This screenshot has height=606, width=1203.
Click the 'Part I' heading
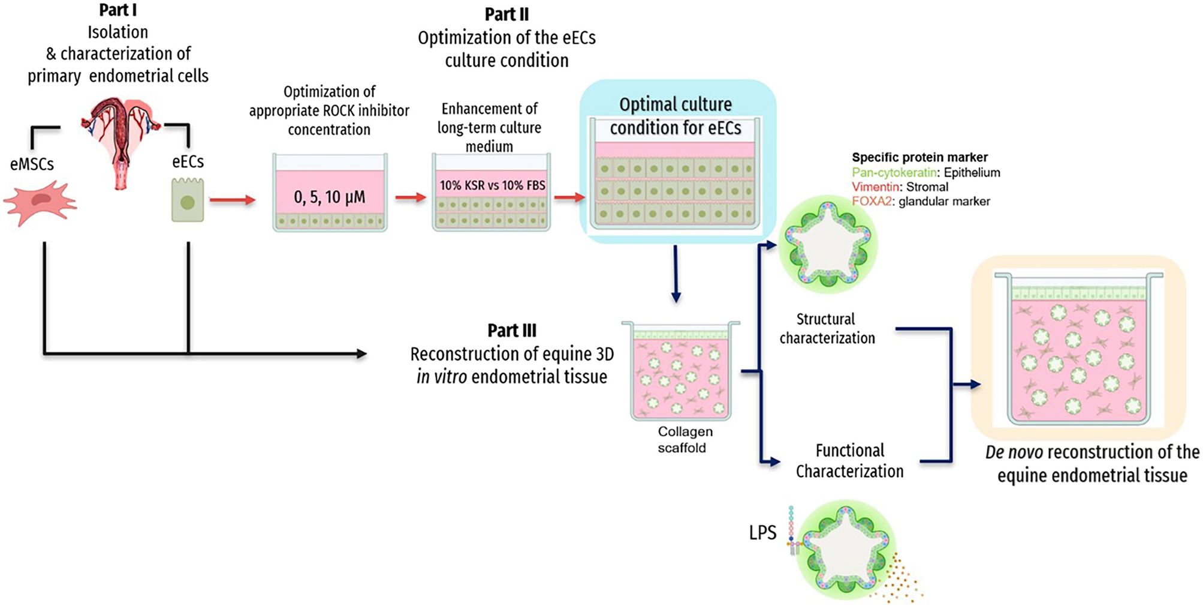click(x=117, y=10)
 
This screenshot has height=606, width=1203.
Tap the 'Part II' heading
click(x=506, y=14)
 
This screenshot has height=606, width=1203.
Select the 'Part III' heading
click(x=512, y=331)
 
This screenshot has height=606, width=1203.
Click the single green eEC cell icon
click(x=188, y=201)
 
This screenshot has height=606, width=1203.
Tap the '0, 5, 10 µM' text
click(x=329, y=197)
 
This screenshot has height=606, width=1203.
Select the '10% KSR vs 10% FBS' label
click(x=492, y=185)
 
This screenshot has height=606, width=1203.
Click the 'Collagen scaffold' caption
click(x=684, y=440)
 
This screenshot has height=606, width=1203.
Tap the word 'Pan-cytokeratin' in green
click(x=894, y=173)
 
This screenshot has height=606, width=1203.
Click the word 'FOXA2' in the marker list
click(x=872, y=202)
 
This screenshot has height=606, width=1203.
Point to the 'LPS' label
click(x=762, y=533)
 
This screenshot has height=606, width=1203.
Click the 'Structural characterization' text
click(x=827, y=328)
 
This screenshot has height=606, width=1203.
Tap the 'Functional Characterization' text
click(x=849, y=461)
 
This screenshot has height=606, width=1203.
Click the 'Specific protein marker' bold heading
click(x=919, y=158)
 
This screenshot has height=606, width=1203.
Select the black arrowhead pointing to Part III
click(x=361, y=354)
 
